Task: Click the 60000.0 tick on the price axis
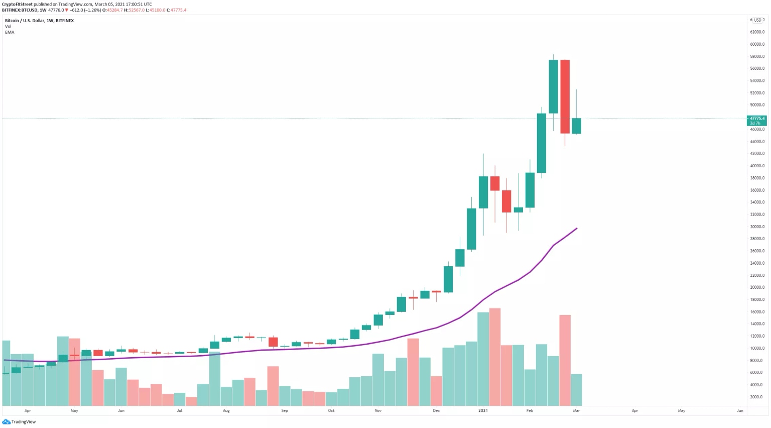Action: pos(757,44)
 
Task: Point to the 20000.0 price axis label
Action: pos(757,287)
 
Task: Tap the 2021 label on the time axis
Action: pos(483,410)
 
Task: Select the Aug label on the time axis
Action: pos(226,410)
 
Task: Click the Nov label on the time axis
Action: pos(378,410)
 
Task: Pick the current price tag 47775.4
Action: pos(757,119)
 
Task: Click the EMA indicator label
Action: pos(10,32)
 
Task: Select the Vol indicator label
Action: pos(8,26)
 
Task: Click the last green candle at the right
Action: pos(576,126)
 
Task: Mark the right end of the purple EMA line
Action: pos(577,229)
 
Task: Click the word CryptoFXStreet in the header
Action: pos(17,4)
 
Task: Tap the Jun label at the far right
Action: pos(740,410)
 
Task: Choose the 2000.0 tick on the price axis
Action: pos(757,397)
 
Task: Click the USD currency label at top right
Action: pos(757,20)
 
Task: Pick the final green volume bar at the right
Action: pos(576,390)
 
